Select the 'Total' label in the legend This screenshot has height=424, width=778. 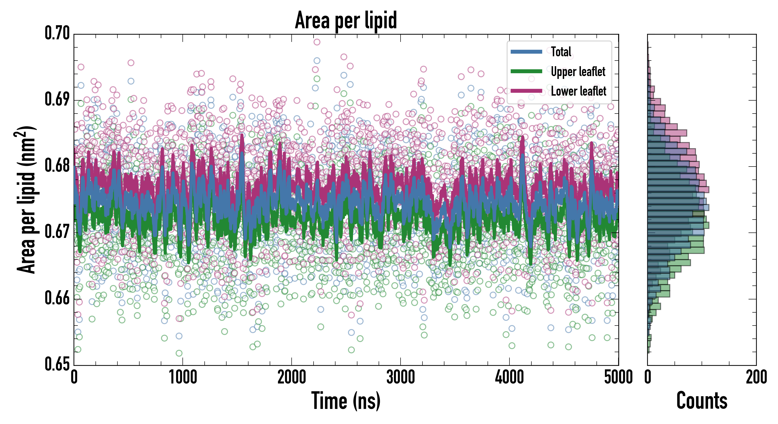coord(561,52)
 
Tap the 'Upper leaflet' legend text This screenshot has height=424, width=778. coord(578,72)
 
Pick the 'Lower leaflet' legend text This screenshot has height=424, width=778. coord(578,91)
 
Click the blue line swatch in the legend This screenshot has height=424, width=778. coord(526,52)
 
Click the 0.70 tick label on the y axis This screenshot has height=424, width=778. coord(57,33)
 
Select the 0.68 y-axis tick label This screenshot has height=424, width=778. coord(57,166)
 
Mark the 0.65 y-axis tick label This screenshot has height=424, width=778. coord(57,364)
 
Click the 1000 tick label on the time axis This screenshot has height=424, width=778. coord(183,377)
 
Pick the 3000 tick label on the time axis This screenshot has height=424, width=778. coord(401,377)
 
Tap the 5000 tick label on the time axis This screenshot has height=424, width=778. coord(618,377)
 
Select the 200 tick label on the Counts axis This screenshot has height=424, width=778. coord(756,377)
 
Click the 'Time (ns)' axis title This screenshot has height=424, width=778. coord(346,401)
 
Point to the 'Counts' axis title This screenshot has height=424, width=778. coord(702,401)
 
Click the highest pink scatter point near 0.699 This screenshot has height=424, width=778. coord(317,42)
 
